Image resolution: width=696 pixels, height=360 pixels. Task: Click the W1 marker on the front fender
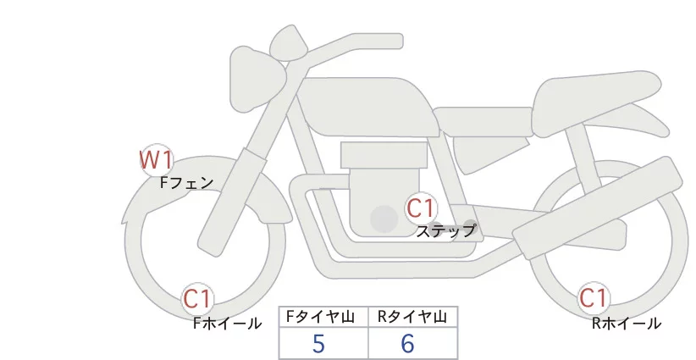pyautogui.click(x=157, y=159)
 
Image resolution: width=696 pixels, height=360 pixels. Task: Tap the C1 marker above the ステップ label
pyautogui.click(x=420, y=208)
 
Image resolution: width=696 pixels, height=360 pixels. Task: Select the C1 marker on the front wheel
pyautogui.click(x=198, y=298)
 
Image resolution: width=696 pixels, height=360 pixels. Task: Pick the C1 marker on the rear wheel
pyautogui.click(x=594, y=298)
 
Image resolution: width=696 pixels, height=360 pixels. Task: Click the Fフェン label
pyautogui.click(x=186, y=181)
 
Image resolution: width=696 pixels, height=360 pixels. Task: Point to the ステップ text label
pyautogui.click(x=445, y=230)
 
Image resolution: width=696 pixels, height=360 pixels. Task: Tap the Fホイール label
pyautogui.click(x=227, y=323)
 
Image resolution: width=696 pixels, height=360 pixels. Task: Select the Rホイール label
pyautogui.click(x=626, y=323)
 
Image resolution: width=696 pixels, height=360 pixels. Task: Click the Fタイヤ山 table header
pyautogui.click(x=323, y=317)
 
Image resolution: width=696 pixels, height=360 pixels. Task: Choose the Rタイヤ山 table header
pyautogui.click(x=412, y=317)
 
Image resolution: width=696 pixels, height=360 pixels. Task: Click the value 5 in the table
pyautogui.click(x=318, y=343)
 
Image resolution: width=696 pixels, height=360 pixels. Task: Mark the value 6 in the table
pyautogui.click(x=407, y=343)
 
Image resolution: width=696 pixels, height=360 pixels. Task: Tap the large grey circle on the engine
pyautogui.click(x=384, y=219)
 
